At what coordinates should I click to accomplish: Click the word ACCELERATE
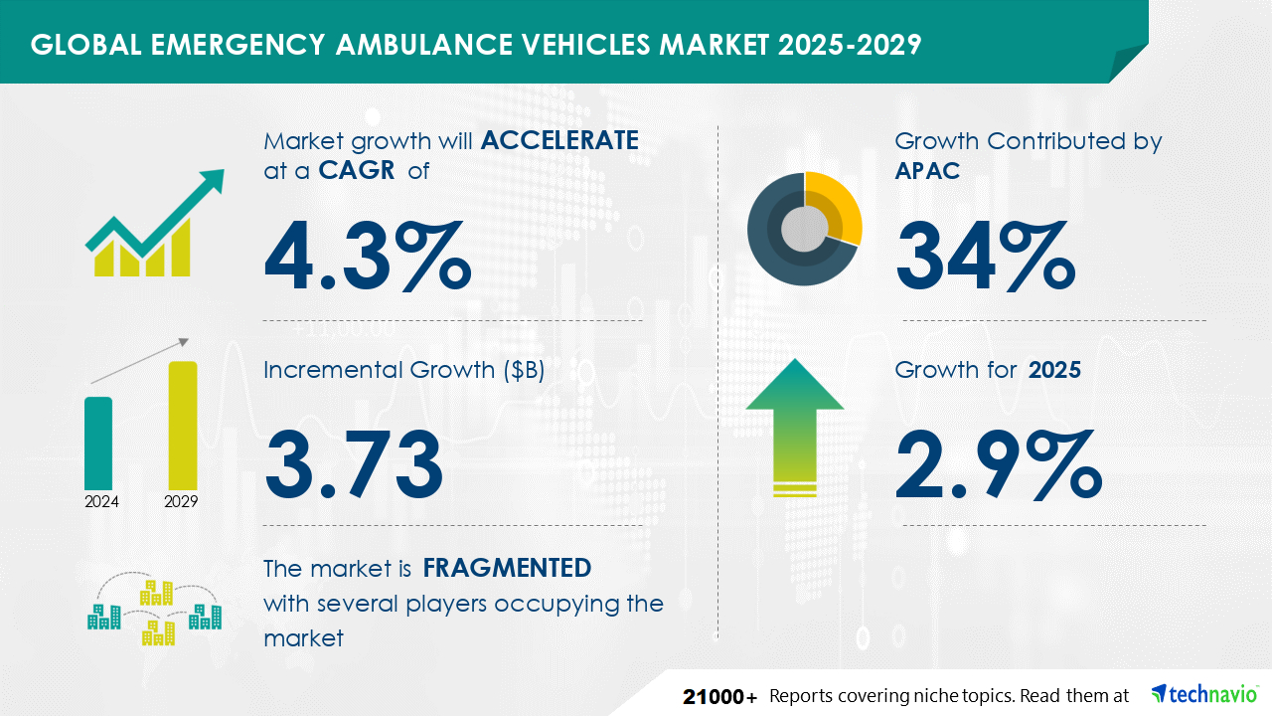point(559,140)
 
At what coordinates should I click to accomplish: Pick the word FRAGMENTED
point(507,568)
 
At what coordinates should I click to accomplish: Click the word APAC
point(927,170)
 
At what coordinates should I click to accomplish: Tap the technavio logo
point(1203,694)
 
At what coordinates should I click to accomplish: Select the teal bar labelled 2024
point(98,443)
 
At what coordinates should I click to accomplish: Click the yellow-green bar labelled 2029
point(183,425)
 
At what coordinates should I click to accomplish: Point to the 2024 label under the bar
point(101,501)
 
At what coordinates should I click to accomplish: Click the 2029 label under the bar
point(181,501)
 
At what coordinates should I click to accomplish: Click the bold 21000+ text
point(720,696)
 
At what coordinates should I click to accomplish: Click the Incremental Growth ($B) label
point(403,370)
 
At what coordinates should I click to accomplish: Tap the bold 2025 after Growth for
point(1054,370)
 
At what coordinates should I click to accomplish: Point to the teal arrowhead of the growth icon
point(209,183)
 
